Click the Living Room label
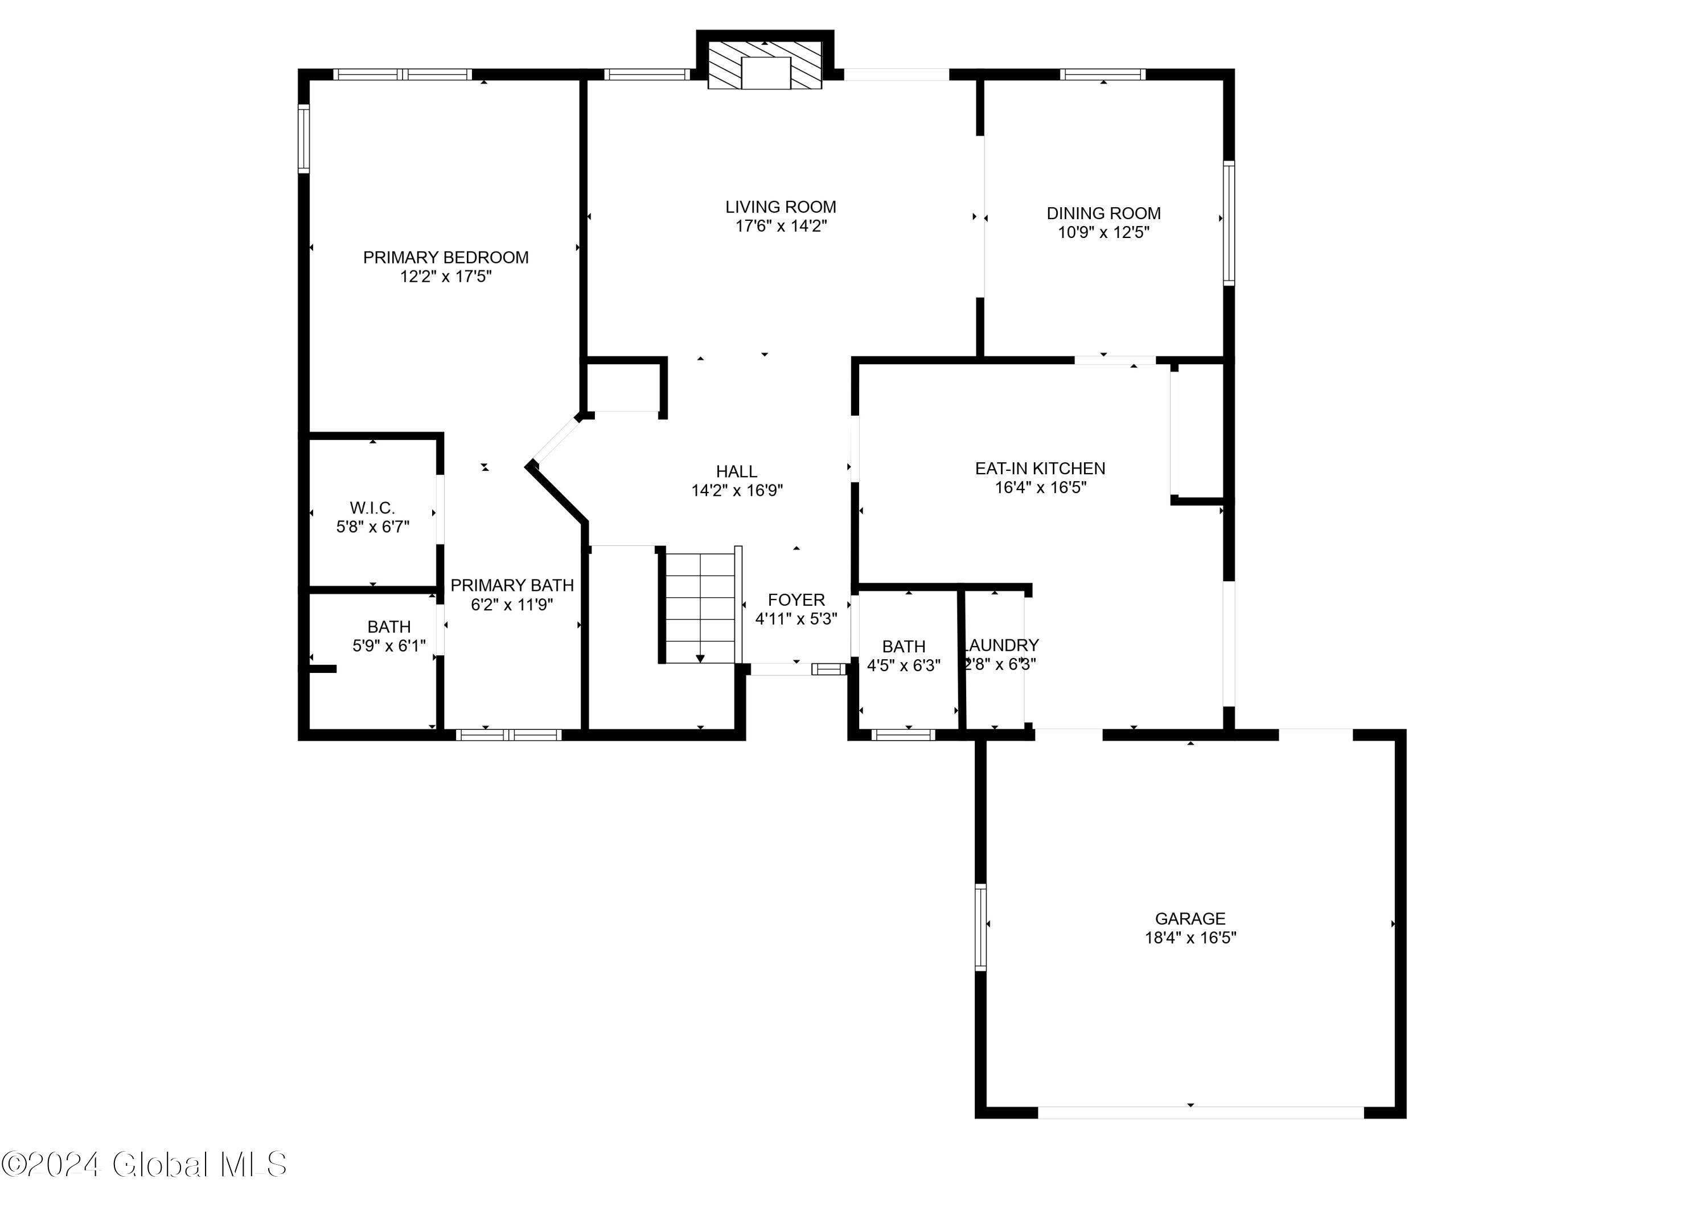point(781,207)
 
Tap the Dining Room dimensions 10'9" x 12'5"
point(1103,232)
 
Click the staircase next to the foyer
point(700,608)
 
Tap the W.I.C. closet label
point(372,508)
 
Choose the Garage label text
point(1190,918)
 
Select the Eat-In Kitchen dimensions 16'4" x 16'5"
point(1040,487)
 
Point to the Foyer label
point(796,599)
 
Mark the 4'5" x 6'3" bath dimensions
point(904,666)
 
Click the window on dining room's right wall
point(1229,223)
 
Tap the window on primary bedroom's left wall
point(303,138)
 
